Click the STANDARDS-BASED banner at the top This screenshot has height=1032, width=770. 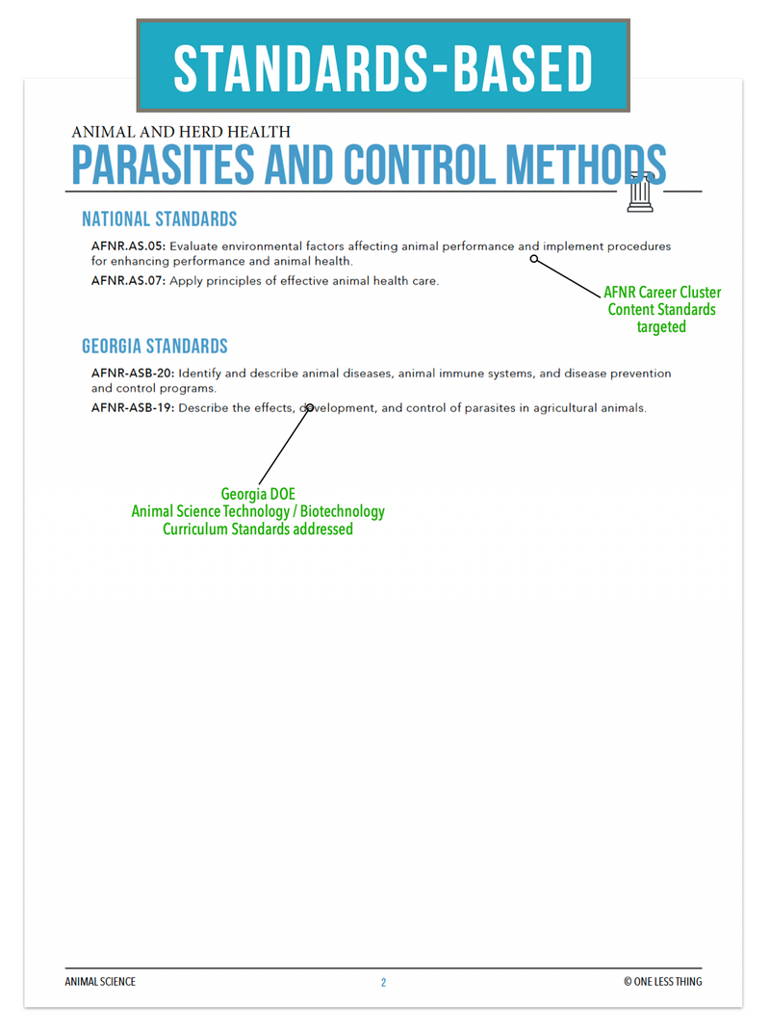(x=383, y=66)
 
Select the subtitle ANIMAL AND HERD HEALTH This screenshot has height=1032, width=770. (x=181, y=132)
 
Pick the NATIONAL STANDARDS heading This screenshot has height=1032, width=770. (x=160, y=219)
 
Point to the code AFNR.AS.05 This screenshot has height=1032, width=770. (x=127, y=246)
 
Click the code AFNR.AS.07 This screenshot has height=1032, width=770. (x=127, y=281)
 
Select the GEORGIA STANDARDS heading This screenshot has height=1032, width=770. (x=155, y=346)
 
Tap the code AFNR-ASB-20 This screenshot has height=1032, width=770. (x=132, y=374)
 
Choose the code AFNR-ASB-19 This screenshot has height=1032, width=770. (x=132, y=408)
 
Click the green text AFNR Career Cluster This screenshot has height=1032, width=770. (x=662, y=293)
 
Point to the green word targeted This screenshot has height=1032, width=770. (x=661, y=327)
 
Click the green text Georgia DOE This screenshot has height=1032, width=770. (x=258, y=495)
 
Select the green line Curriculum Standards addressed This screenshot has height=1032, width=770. (x=258, y=529)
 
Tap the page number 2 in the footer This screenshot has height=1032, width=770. (x=383, y=983)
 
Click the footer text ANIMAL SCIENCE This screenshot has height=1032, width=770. (x=100, y=982)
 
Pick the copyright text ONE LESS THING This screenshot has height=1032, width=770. (x=662, y=982)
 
